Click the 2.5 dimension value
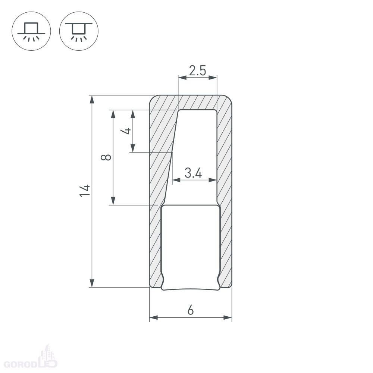click(x=197, y=70)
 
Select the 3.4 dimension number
click(x=193, y=173)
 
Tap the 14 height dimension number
click(x=85, y=190)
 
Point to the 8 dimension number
click(x=106, y=157)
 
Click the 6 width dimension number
click(x=191, y=310)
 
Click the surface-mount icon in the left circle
click(x=31, y=31)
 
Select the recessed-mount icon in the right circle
click(x=78, y=32)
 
